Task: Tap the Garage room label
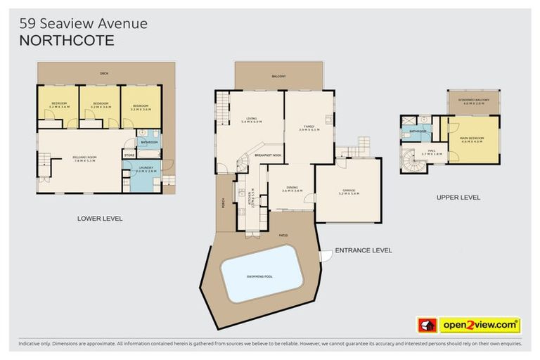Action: click(349, 191)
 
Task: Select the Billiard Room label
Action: click(84, 157)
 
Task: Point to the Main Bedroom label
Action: click(472, 139)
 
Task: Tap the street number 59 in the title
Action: click(27, 23)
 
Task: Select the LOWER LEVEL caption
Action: click(100, 219)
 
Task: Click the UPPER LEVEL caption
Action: click(458, 198)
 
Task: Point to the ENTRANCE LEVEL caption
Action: click(364, 250)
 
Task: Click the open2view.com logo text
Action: click(480, 326)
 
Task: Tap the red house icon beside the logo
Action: click(427, 326)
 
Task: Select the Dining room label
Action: click(292, 190)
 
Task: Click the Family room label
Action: click(309, 128)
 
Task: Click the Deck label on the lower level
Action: click(104, 73)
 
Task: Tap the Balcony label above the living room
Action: click(278, 77)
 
